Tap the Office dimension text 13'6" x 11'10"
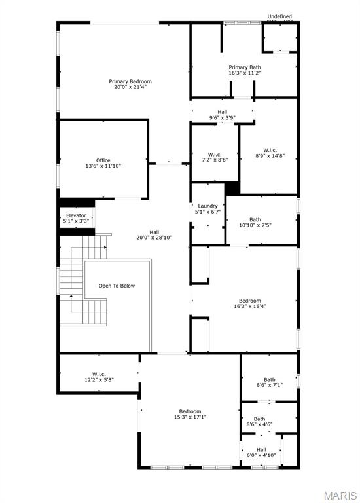(x=103, y=166)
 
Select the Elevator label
(x=76, y=215)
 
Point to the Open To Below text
(x=117, y=286)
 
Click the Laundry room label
(x=207, y=206)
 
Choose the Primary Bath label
(x=245, y=67)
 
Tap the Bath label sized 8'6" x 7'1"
(x=269, y=379)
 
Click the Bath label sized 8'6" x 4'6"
(x=260, y=419)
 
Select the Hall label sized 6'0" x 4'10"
(x=261, y=449)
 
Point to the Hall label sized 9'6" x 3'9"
(x=222, y=112)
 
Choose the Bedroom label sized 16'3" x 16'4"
(x=250, y=301)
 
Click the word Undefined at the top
(x=279, y=16)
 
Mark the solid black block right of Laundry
(x=232, y=189)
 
